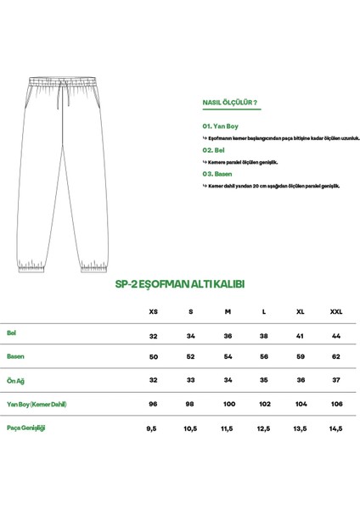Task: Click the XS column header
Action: [x=154, y=311]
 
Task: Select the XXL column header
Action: [x=336, y=311]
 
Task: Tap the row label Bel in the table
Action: [x=12, y=333]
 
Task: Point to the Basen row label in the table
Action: [x=14, y=357]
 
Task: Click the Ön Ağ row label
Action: [x=15, y=381]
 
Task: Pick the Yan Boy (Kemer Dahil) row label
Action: [x=37, y=405]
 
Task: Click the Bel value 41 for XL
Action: [x=300, y=334]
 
